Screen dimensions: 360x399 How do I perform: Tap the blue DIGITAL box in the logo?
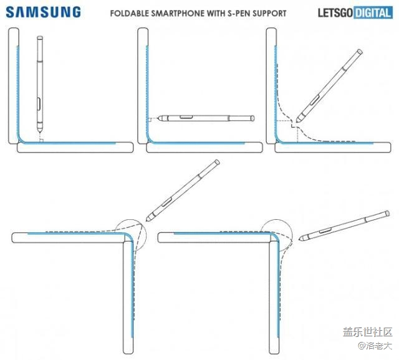[372, 12]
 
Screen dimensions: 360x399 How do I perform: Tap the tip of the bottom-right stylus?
[300, 239]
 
